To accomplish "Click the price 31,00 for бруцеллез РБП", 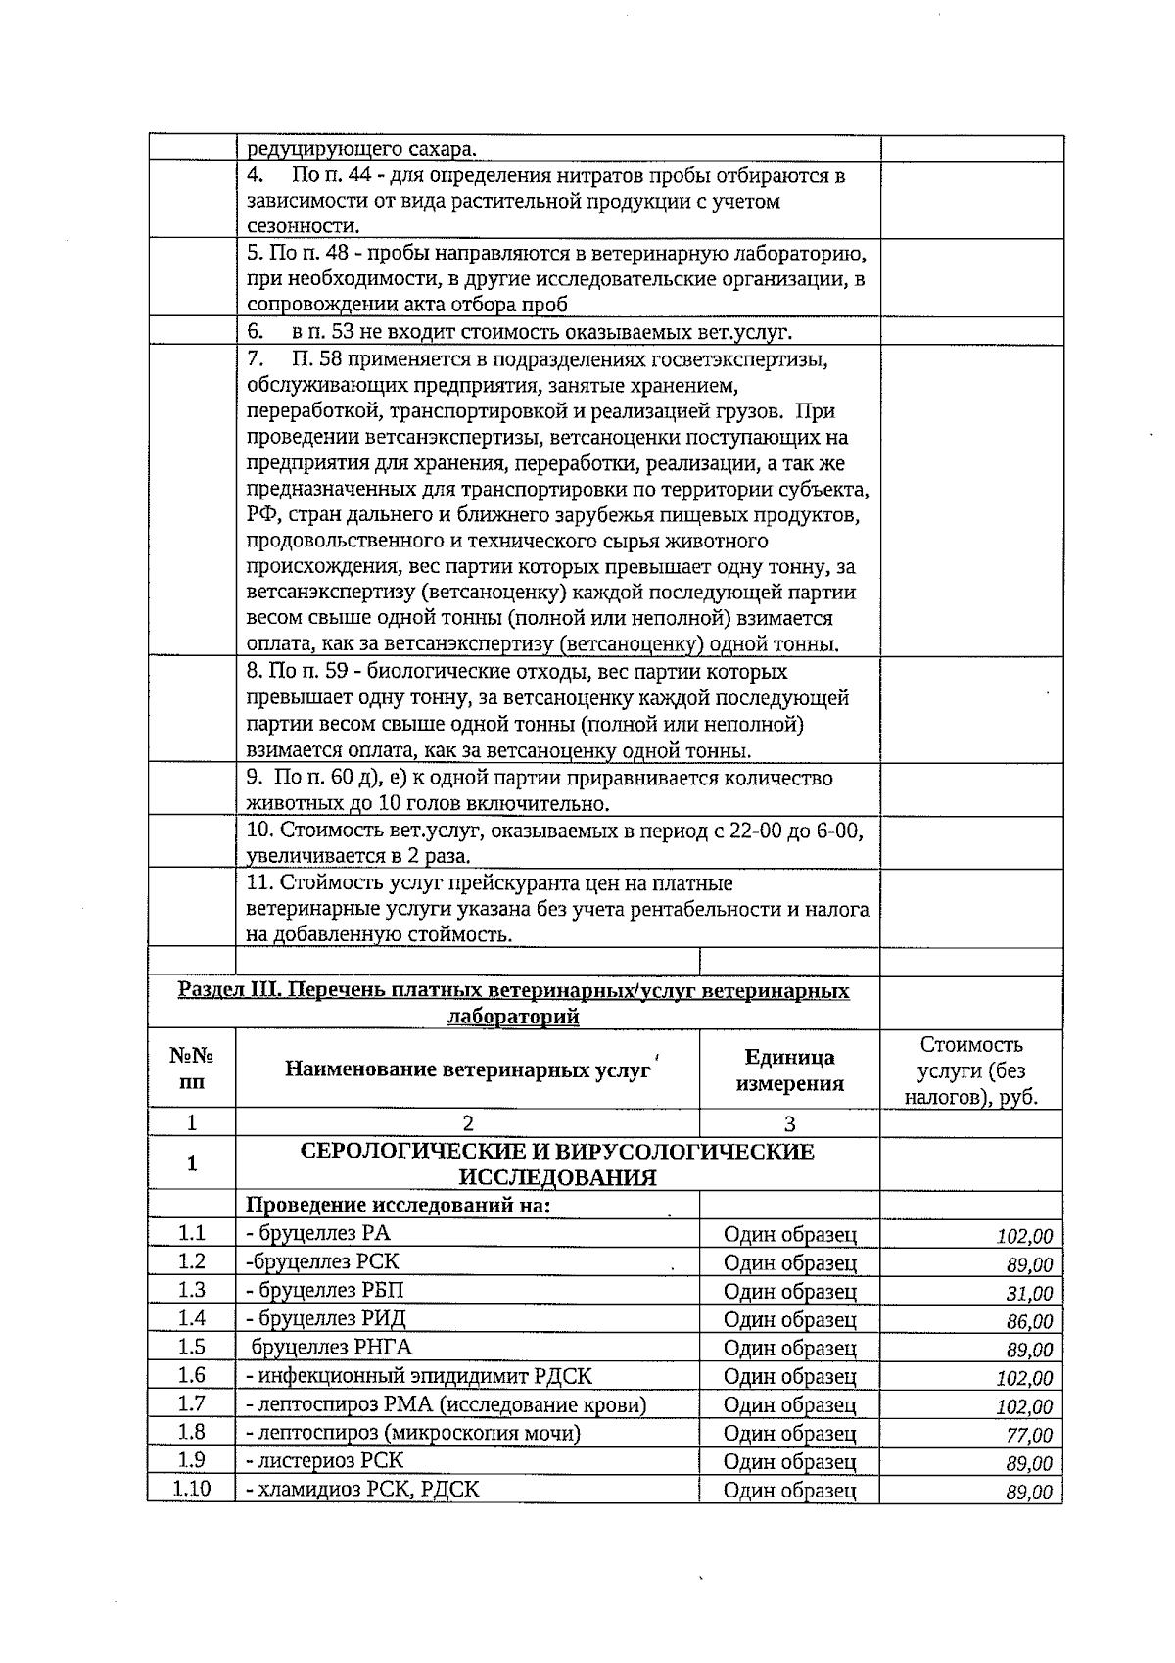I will (x=1029, y=1294).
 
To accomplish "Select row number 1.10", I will (x=191, y=1490).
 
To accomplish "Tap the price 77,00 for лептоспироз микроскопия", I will (x=1029, y=1436).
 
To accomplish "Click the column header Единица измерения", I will (x=789, y=1069).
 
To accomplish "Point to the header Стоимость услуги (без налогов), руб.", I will (x=970, y=1070).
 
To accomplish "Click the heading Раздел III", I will (x=513, y=1003).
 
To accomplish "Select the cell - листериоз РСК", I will (x=324, y=1460).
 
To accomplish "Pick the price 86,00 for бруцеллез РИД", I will (x=1029, y=1322).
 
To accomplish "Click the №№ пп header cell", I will (x=191, y=1069).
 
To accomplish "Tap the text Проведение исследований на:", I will (x=398, y=1205).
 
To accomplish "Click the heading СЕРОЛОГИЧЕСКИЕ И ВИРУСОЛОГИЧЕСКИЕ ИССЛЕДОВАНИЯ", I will (x=556, y=1164).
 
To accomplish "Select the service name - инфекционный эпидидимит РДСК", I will (x=419, y=1376).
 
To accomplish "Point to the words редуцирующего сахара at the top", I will (x=361, y=149).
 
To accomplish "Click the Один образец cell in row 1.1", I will (x=789, y=1235).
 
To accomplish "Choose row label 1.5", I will (x=191, y=1347).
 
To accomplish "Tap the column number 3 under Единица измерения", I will (x=789, y=1123).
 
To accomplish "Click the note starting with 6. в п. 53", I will (x=519, y=332).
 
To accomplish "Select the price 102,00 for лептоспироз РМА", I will (x=1024, y=1407).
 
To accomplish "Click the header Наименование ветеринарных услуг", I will (x=467, y=1069).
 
